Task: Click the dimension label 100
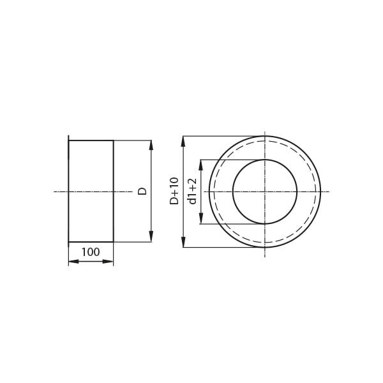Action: pyautogui.click(x=91, y=252)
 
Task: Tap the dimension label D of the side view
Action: pyautogui.click(x=142, y=191)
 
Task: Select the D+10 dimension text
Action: pyautogui.click(x=174, y=191)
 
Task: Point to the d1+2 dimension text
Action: pyautogui.click(x=191, y=191)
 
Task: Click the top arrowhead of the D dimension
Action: pyautogui.click(x=151, y=146)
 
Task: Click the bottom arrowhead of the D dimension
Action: pyautogui.click(x=151, y=237)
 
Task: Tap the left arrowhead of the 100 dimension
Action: pyautogui.click(x=74, y=262)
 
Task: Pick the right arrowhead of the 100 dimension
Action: pyautogui.click(x=109, y=262)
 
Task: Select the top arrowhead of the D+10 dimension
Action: pyautogui.click(x=183, y=141)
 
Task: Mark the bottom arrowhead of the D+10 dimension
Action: pyautogui.click(x=183, y=242)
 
